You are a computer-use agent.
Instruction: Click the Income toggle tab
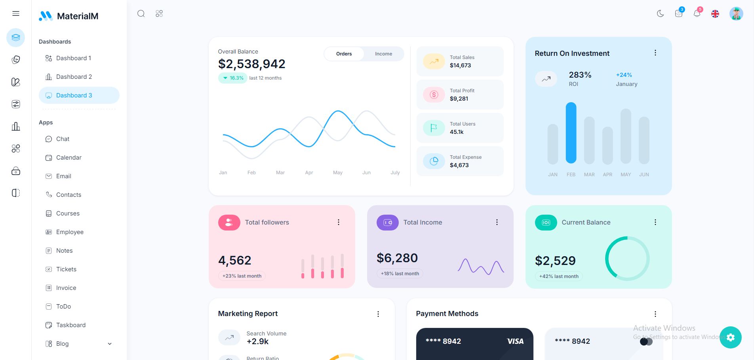pyautogui.click(x=383, y=54)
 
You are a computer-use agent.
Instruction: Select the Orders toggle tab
pyautogui.click(x=344, y=54)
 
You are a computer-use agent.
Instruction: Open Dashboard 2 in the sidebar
pyautogui.click(x=74, y=77)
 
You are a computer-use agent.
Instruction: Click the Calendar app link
pyautogui.click(x=69, y=158)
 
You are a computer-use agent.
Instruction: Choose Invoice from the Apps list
pyautogui.click(x=66, y=288)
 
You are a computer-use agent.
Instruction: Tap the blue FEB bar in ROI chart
pyautogui.click(x=571, y=133)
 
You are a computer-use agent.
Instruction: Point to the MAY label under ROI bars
pyautogui.click(x=626, y=175)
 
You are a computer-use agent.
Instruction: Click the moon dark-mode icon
pyautogui.click(x=660, y=14)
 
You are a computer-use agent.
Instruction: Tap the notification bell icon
pyautogui.click(x=697, y=14)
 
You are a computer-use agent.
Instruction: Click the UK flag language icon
pyautogui.click(x=715, y=14)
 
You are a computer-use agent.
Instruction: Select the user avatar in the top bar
pyautogui.click(x=736, y=14)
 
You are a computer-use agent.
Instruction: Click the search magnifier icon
pyautogui.click(x=141, y=14)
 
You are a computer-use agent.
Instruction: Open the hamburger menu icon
pyautogui.click(x=16, y=14)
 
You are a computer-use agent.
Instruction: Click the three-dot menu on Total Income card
pyautogui.click(x=497, y=223)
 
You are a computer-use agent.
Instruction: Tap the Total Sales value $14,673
pyautogui.click(x=460, y=66)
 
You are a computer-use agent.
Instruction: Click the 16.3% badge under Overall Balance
pyautogui.click(x=233, y=78)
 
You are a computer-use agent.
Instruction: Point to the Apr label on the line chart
pyautogui.click(x=309, y=173)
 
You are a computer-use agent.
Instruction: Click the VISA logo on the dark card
pyautogui.click(x=515, y=341)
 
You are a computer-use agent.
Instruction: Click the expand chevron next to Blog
pyautogui.click(x=110, y=344)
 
